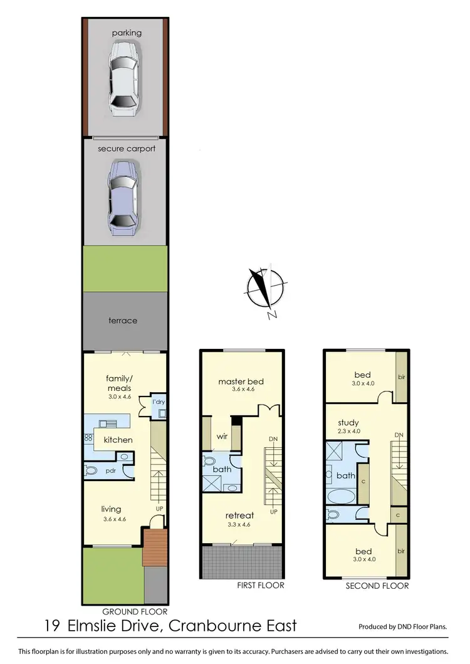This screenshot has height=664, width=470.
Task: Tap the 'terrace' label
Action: click(x=123, y=321)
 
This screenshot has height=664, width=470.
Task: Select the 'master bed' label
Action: click(x=241, y=381)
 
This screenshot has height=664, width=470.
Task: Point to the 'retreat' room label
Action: click(x=240, y=516)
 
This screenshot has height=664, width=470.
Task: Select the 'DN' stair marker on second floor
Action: click(x=399, y=435)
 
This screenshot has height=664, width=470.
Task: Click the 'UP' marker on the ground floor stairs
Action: click(x=160, y=508)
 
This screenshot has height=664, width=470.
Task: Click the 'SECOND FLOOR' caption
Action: click(x=377, y=586)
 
